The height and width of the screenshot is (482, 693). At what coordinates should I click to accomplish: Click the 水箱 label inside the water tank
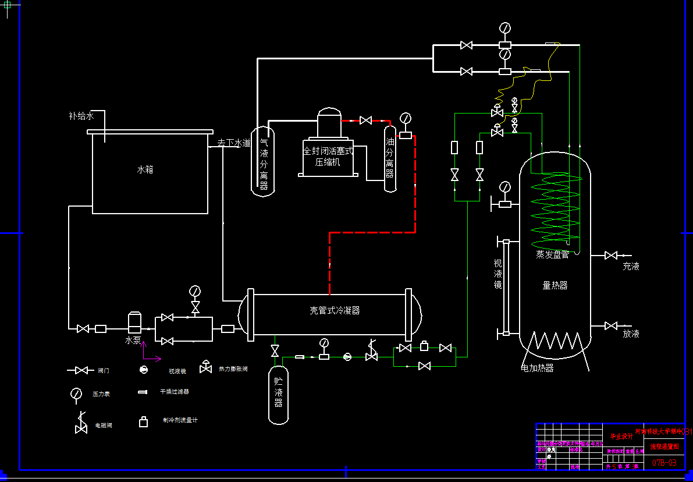coord(145,170)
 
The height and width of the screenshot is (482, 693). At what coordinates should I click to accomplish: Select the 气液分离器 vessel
coord(263,160)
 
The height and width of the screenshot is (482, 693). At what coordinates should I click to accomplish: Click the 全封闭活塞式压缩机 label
coord(328,157)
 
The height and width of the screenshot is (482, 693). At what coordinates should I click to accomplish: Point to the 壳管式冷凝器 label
coord(335,310)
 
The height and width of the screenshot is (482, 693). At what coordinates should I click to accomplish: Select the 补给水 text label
coord(81,116)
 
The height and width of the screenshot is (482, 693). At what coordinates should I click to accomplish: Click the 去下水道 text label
coord(234,143)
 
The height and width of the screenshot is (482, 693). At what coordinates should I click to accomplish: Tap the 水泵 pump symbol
coord(135,322)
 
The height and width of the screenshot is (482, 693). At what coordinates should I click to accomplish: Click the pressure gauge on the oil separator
coord(406,118)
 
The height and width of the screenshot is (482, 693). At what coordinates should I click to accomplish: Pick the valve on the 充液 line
coord(611,255)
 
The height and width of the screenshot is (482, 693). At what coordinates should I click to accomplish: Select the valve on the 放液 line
coord(611,325)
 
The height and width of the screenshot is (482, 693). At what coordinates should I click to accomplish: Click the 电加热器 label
coord(537,368)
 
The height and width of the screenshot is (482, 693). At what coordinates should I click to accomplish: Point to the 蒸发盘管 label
coord(552,254)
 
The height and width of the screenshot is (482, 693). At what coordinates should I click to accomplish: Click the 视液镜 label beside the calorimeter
coord(497,273)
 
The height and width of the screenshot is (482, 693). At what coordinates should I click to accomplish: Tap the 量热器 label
coord(555,285)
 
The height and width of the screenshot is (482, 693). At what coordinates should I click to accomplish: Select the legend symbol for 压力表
coord(76,394)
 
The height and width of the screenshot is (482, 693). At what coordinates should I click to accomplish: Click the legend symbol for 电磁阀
coord(80,423)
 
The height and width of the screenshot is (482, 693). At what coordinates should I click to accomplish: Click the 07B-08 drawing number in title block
coord(664,462)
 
